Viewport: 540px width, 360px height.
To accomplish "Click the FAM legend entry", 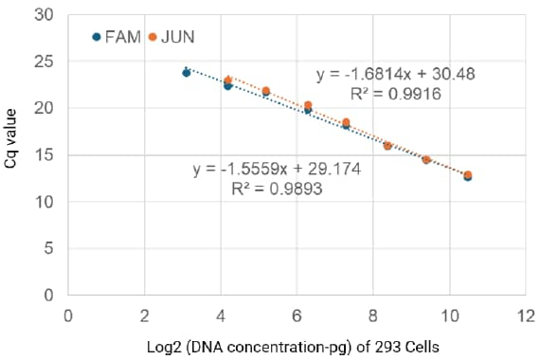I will (x=117, y=37).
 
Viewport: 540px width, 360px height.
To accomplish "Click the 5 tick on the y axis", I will (x=47, y=249).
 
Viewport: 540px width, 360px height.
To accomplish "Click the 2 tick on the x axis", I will (x=144, y=314).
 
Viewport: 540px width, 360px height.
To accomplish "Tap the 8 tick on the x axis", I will (x=373, y=314).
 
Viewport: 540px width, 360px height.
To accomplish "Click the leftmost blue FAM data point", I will (x=187, y=72).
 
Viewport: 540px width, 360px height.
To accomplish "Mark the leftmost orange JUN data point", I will (x=227, y=81).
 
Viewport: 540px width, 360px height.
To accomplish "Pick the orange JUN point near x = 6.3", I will (x=308, y=105).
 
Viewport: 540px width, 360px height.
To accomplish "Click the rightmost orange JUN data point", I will (x=468, y=174).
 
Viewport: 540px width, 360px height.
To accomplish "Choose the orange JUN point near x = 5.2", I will (x=266, y=91).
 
